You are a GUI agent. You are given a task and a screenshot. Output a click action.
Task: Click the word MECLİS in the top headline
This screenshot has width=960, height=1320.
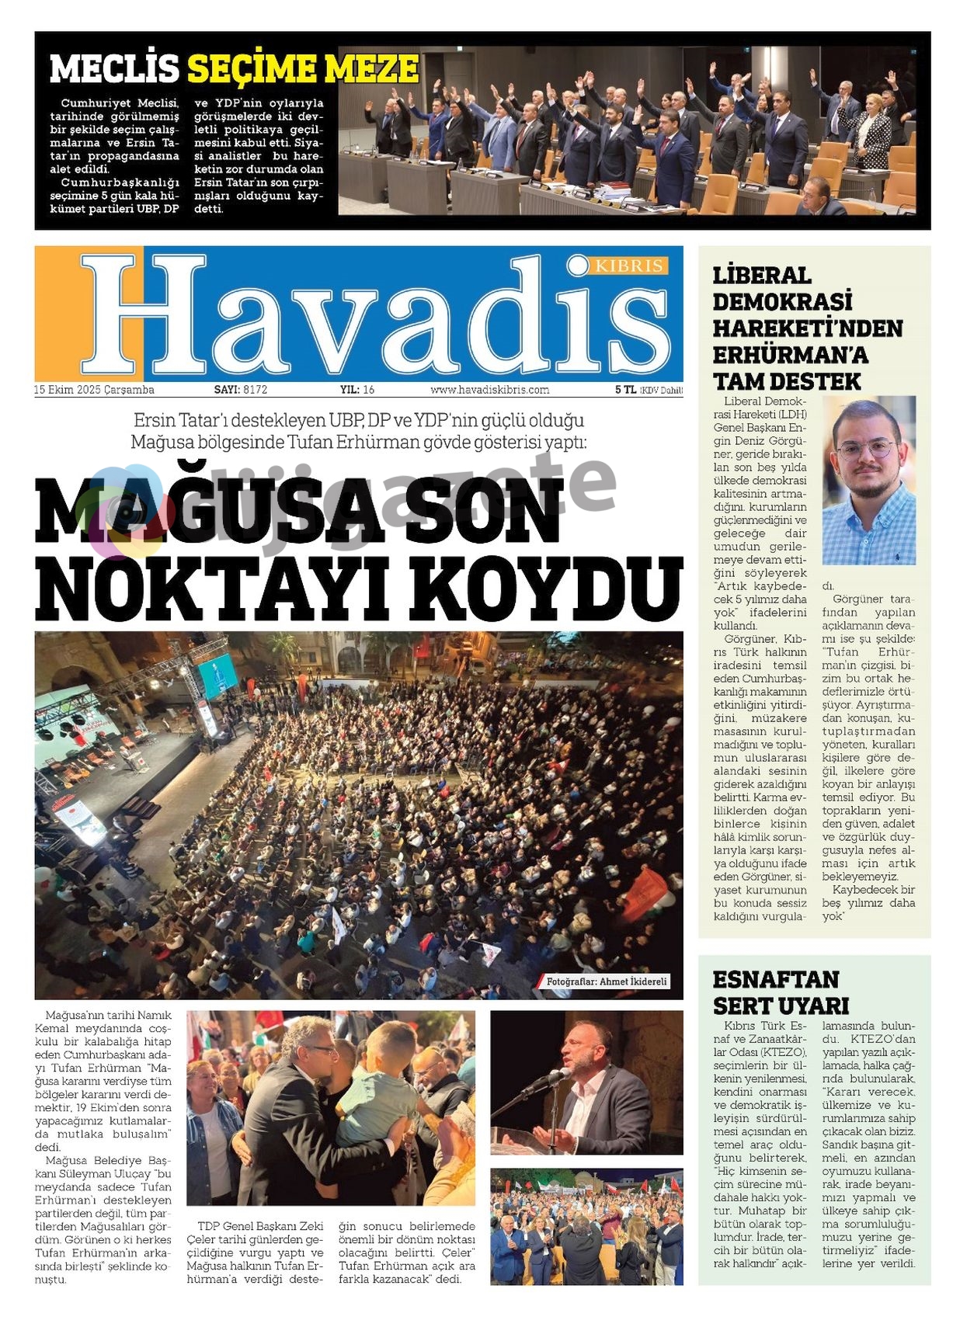click(114, 69)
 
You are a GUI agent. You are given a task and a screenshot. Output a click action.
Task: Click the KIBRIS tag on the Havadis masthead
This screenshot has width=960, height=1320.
click(629, 266)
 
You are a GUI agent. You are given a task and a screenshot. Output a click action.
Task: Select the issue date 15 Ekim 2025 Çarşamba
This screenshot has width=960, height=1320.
click(94, 390)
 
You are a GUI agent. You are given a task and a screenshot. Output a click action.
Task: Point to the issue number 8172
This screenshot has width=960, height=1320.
click(255, 390)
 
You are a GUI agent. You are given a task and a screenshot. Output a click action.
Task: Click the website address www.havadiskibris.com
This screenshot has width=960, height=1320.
click(489, 390)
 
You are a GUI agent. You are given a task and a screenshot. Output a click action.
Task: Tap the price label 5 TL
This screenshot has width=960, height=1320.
click(625, 390)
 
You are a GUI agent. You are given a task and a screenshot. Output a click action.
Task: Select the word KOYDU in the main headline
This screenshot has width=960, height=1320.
click(547, 589)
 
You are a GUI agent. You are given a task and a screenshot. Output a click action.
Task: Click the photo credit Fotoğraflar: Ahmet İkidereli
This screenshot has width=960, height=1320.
click(607, 981)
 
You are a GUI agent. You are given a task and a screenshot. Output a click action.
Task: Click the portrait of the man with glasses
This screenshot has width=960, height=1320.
click(868, 480)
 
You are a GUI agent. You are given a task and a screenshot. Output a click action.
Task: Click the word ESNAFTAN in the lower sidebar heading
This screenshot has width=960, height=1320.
click(776, 979)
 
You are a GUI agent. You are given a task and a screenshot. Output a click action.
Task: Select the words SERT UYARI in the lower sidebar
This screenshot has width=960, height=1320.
click(781, 1006)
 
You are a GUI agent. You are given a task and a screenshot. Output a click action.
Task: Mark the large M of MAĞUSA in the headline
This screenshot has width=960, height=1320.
click(71, 512)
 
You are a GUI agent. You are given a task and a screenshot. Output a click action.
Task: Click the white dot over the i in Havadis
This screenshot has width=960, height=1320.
click(579, 266)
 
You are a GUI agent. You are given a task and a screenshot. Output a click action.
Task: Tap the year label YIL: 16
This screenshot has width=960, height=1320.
click(357, 390)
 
